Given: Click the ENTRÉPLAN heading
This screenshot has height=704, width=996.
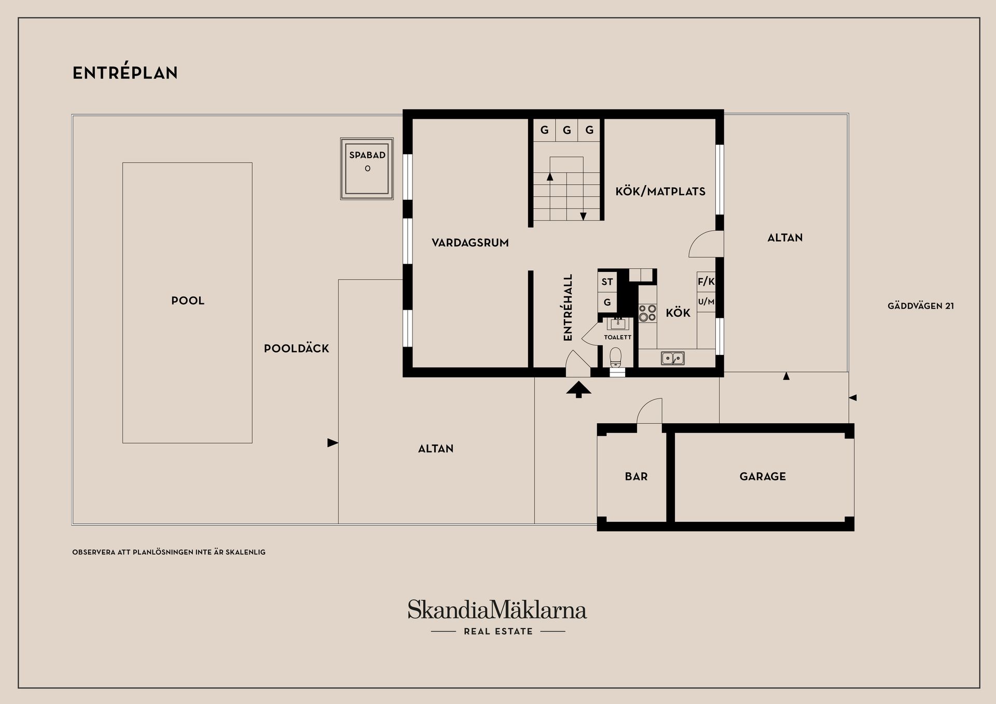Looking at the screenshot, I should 125,73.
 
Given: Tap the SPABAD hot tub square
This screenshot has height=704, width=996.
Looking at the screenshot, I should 367,169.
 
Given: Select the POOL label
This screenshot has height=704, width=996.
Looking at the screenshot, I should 188,301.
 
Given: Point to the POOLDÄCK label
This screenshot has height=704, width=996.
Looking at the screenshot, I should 296,349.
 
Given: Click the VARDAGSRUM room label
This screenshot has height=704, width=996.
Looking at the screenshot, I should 470,243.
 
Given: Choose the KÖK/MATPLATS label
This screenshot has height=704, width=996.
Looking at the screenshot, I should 660,191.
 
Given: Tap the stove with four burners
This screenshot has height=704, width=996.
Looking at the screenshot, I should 647,313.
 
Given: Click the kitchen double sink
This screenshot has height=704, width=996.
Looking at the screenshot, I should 672,358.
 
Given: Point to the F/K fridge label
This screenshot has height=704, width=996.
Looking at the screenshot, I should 706,282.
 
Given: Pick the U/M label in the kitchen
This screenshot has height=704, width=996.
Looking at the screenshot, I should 706,301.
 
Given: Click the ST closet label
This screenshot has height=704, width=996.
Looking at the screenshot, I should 607,282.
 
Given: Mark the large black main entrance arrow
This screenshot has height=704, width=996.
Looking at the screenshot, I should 578,389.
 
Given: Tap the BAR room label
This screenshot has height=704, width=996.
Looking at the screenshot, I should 636,477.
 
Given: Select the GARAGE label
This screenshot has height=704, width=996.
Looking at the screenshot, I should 763,477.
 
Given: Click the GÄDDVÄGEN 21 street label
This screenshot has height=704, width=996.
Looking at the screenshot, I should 920,306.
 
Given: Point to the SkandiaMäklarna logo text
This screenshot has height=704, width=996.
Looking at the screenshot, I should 497,610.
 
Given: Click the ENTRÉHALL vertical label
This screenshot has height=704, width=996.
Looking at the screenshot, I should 568,308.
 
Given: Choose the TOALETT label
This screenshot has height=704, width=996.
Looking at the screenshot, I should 617,337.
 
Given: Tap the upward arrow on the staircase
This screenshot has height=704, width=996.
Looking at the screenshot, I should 550,176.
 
